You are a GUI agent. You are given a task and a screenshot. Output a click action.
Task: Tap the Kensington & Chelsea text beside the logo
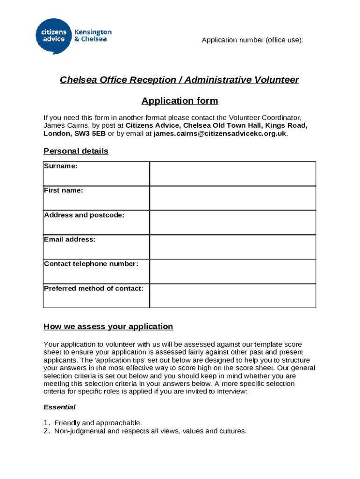(93, 36)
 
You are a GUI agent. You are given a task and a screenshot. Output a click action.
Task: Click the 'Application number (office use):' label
(252, 40)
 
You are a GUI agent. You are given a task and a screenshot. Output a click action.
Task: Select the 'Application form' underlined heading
(180, 101)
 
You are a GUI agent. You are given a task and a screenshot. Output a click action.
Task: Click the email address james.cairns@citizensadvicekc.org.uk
(220, 133)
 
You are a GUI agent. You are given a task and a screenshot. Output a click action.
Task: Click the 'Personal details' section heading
(76, 151)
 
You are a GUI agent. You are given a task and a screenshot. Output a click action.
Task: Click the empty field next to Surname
(232, 174)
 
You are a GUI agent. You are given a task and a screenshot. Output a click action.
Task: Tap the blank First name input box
(232, 198)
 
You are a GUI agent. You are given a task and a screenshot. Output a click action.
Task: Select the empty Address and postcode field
(232, 222)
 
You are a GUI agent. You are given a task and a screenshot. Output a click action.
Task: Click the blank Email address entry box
(232, 247)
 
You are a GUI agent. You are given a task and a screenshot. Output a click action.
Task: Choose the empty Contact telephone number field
(232, 271)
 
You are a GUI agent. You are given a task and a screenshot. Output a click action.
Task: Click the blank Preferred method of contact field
(232, 296)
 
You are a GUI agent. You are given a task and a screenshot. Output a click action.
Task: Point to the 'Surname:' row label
(61, 166)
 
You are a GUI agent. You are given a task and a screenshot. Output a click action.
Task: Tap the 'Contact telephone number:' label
(91, 264)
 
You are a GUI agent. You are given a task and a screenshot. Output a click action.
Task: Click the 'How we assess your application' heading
(108, 327)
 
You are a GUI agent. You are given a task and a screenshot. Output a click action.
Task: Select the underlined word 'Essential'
(59, 407)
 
